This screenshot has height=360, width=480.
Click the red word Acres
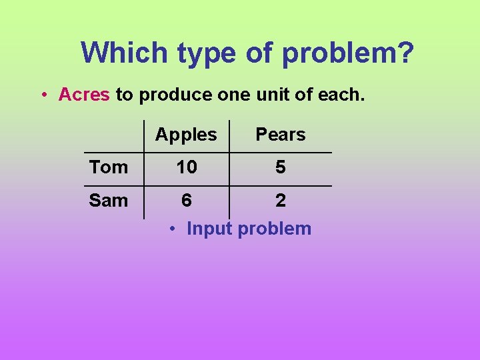coord(84,95)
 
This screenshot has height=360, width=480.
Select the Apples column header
coord(186,135)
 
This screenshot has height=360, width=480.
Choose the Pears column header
coord(280,135)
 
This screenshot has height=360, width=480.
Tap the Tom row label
coord(108,167)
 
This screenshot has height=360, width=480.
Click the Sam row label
coord(108,200)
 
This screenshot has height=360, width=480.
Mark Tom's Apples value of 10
coord(187,167)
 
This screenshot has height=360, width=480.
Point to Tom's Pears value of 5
coord(281,167)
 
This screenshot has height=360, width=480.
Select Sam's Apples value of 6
coord(187,200)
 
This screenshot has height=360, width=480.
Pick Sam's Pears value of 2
coord(281,200)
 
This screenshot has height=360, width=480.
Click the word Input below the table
coord(209,229)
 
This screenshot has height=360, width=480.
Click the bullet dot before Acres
coord(43,95)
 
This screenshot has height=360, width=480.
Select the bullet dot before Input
coord(172,229)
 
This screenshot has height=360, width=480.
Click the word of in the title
coord(261,52)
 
